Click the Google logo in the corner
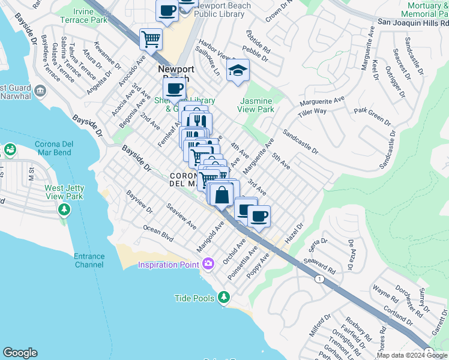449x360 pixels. pos(20,353)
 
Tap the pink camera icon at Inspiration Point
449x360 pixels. pos(208,263)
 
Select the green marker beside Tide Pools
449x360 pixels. pos(224,297)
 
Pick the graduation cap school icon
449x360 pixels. pos(238,71)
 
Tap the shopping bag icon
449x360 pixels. pos(221,195)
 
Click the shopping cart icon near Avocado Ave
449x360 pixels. pos(151,40)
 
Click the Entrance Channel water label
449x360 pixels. pos(89,260)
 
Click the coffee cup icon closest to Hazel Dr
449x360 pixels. pos(259,217)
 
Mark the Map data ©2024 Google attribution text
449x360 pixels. pos(412,355)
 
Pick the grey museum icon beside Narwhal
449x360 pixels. pos(40,91)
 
